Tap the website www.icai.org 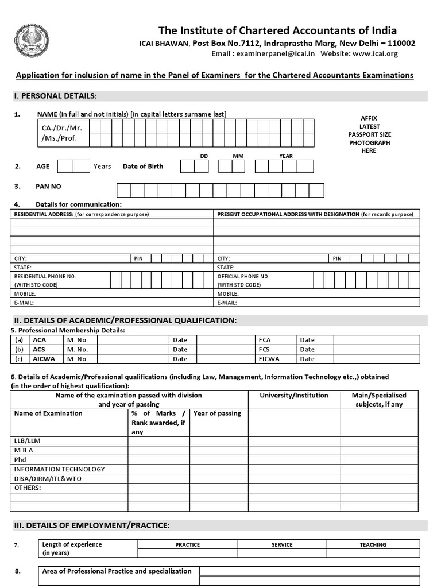(x=375, y=54)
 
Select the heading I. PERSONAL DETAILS (x=55, y=95)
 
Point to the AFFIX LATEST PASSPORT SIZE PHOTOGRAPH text (x=369, y=134)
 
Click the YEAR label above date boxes (x=285, y=156)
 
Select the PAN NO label (x=49, y=187)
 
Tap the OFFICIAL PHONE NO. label (x=243, y=276)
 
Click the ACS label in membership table (x=40, y=349)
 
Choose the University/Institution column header (x=294, y=396)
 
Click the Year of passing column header (x=217, y=413)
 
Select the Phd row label (x=20, y=459)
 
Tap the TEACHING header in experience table (x=373, y=544)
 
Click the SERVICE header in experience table (x=282, y=544)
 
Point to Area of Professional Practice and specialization (x=117, y=571)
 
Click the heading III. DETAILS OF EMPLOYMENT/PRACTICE (x=91, y=525)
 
